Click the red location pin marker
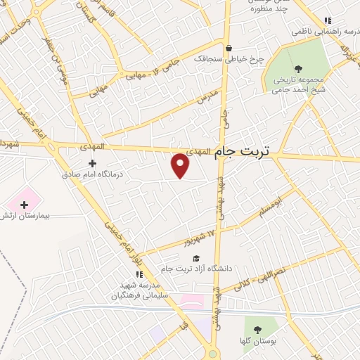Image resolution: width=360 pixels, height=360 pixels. click(181, 165)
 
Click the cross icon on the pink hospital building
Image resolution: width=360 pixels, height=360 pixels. click(25, 205)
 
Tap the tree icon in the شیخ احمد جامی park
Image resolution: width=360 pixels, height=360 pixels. click(298, 69)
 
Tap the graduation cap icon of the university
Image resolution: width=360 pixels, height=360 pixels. click(196, 259)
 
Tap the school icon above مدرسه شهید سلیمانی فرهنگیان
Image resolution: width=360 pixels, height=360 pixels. click(138, 274)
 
